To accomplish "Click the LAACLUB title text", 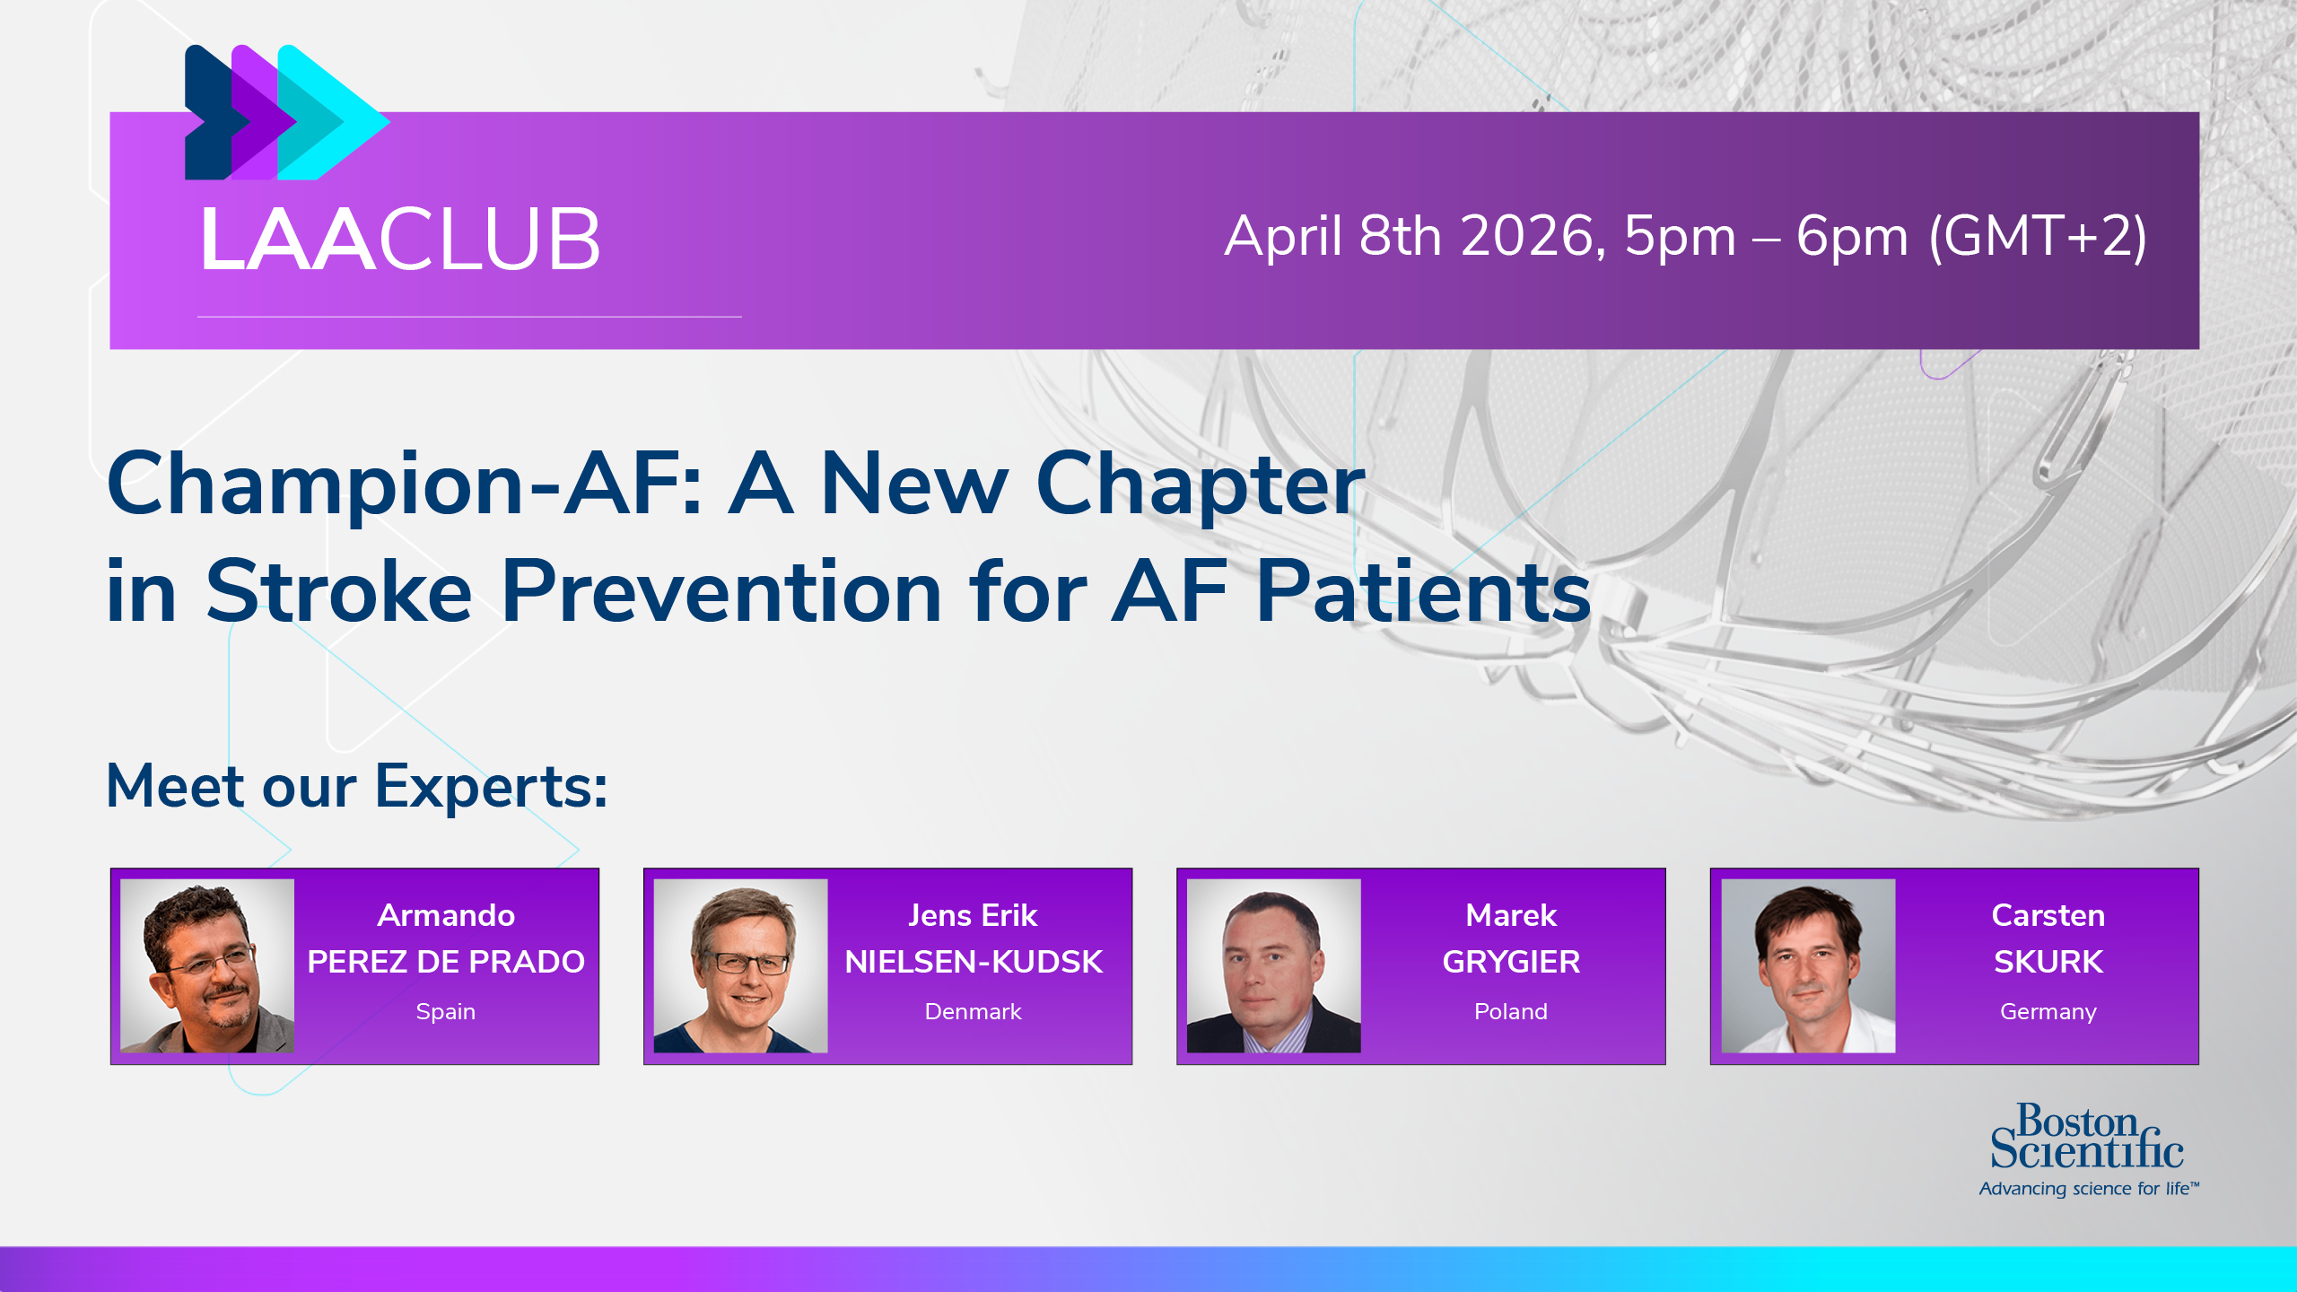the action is coord(400,239).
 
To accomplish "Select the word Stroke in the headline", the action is coord(338,591).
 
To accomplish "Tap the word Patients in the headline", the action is coord(1423,591).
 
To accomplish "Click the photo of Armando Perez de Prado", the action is coord(207,965).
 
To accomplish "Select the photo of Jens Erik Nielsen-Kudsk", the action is coord(740,965).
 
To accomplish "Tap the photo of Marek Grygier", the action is coord(1273,965).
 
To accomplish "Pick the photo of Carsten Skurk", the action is coord(1808,965).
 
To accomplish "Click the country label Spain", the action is coord(446,1012).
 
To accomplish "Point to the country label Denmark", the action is coord(973,1011).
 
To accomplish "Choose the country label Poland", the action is coord(1511,1011).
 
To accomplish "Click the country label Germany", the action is coord(2048,1012).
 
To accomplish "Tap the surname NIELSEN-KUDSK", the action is coord(974,962).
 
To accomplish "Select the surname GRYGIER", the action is coord(1511,962).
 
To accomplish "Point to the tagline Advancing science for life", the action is coord(2089,1189).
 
